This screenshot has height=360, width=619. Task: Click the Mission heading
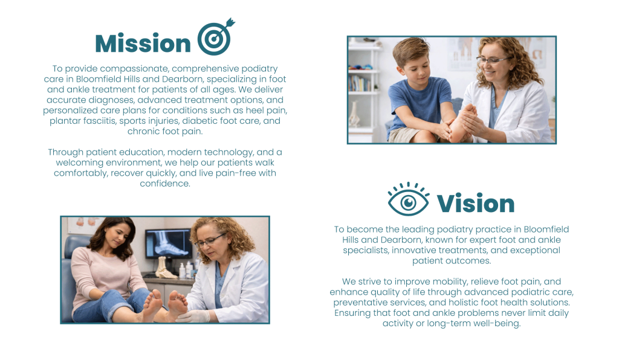pos(143,43)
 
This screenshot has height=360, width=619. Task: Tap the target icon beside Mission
pos(216,37)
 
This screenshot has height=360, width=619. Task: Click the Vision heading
pos(475,204)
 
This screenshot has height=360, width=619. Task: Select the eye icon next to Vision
pos(409,199)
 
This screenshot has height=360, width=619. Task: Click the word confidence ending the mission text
pos(164,184)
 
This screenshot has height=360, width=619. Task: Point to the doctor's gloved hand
pos(193,315)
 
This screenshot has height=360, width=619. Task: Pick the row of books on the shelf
pos(359,83)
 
